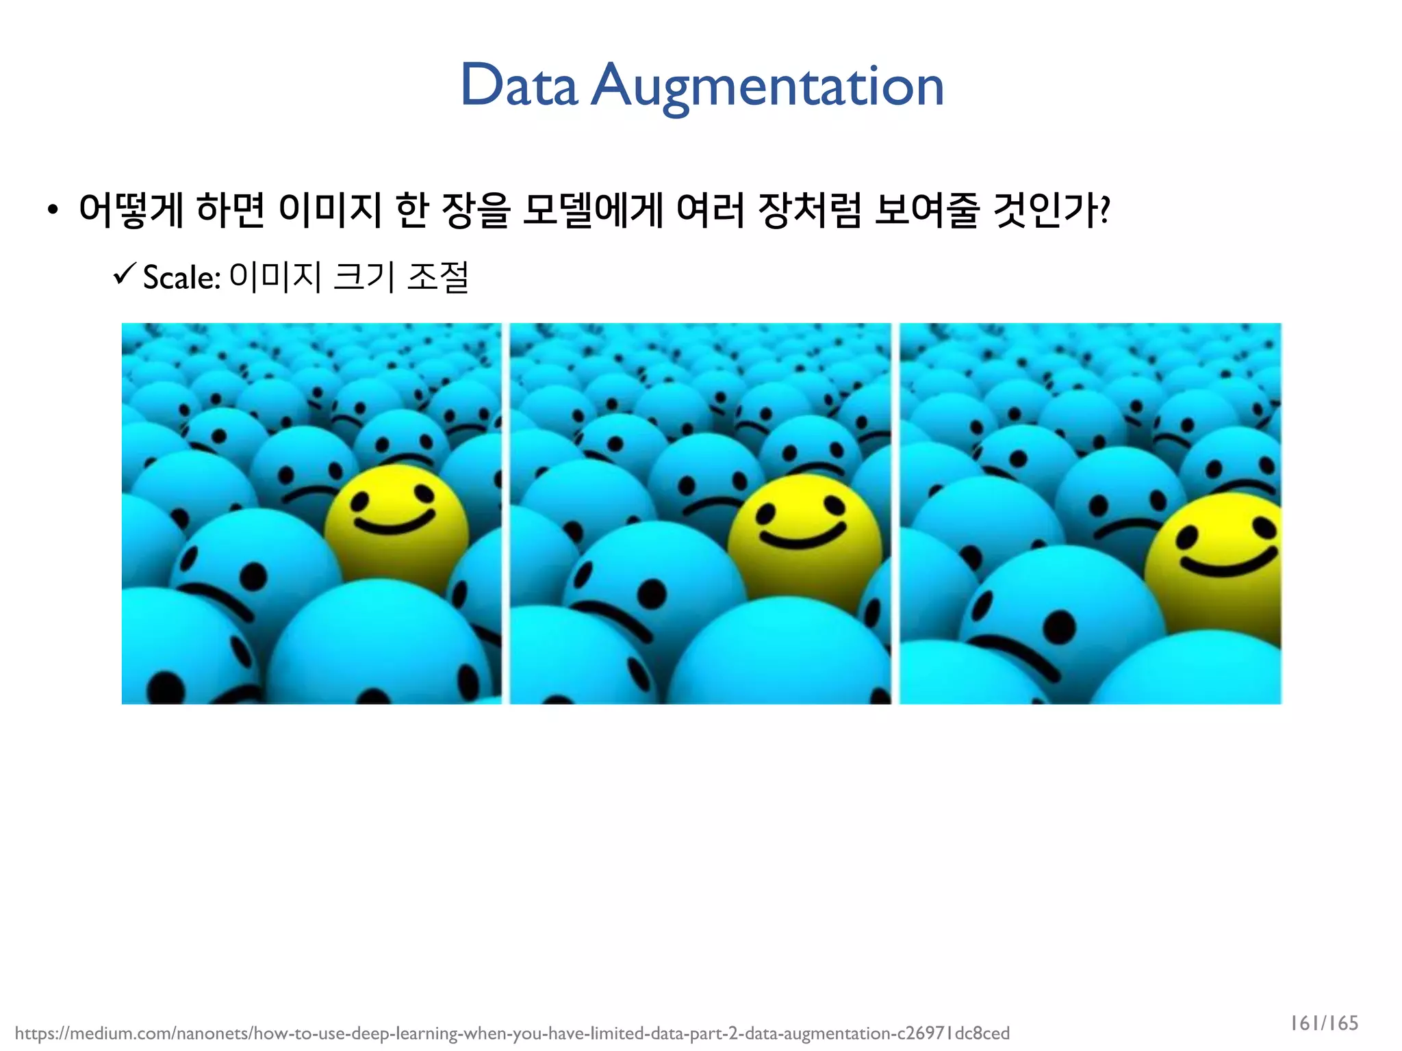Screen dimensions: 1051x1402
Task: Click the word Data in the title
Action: tap(519, 86)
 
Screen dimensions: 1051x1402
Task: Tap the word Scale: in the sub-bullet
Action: tap(181, 277)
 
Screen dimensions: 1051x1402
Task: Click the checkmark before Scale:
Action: tap(125, 275)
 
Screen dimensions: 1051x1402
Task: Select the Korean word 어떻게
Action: tap(131, 209)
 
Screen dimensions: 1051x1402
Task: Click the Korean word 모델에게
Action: tap(591, 209)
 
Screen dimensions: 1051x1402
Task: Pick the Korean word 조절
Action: tap(437, 277)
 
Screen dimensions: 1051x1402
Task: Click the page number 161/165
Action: tap(1324, 1023)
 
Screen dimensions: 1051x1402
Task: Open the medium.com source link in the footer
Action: tap(512, 1033)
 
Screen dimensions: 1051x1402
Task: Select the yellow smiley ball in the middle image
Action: tap(804, 541)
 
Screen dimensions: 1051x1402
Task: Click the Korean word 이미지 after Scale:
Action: tap(275, 277)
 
